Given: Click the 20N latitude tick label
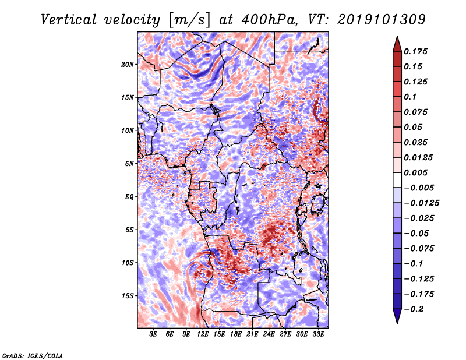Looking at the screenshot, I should pos(128,64).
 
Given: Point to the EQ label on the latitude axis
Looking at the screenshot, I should pos(129,197).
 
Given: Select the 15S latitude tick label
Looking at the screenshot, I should pos(128,296).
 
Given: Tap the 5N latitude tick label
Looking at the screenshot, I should pos(129,164).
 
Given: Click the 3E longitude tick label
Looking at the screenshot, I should pos(153,334).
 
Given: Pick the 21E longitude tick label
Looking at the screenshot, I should pos(252,334).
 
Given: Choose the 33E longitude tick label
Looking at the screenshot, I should pos(318,334).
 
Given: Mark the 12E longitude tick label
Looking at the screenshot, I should pos(203,334).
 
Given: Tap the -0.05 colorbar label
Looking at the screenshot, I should pos(417,233).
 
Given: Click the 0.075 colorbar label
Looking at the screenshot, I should pos(417,112).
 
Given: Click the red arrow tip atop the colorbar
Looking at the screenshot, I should pos(396,41).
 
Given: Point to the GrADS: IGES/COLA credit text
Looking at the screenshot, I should pos(33,355).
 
